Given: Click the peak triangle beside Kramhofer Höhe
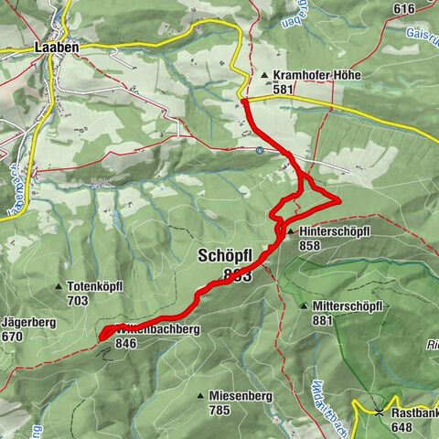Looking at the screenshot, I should tap(265, 76).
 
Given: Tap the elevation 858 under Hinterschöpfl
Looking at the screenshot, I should tap(309, 246).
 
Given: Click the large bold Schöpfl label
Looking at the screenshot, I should tap(224, 258).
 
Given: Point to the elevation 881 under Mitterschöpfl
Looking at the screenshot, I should tap(322, 320).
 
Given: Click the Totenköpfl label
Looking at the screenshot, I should tap(101, 285).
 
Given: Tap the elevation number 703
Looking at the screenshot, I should tap(78, 299).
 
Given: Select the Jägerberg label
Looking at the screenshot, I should tap(27, 323).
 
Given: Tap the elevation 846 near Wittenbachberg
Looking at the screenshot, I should tap(127, 345).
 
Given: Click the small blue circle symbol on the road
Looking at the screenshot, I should tap(261, 150).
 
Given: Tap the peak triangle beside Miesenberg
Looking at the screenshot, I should tap(201, 395).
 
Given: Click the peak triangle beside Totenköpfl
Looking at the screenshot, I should tap(70, 285).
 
